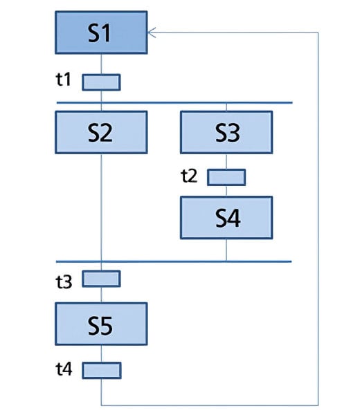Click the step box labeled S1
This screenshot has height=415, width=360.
pyautogui.click(x=101, y=33)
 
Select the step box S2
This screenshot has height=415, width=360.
pyautogui.click(x=101, y=132)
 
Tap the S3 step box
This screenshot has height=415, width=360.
pyautogui.click(x=226, y=132)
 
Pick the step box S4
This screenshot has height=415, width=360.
pyautogui.click(x=226, y=218)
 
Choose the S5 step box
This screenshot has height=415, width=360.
pyautogui.click(x=101, y=324)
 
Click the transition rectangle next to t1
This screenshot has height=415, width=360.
pyautogui.click(x=101, y=82)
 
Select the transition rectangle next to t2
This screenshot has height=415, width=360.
pyautogui.click(x=226, y=177)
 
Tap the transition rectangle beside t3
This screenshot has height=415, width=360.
pyautogui.click(x=101, y=279)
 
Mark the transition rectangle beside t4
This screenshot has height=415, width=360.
pyautogui.click(x=101, y=371)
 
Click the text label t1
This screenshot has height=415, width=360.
pyautogui.click(x=64, y=80)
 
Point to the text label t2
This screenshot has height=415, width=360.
pyautogui.click(x=189, y=175)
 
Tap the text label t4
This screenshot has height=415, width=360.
pyautogui.click(x=64, y=369)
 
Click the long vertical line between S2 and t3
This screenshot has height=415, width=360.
pyautogui.click(x=101, y=207)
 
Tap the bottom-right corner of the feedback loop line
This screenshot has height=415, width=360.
pyautogui.click(x=318, y=405)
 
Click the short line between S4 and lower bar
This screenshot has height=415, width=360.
pyautogui.click(x=226, y=250)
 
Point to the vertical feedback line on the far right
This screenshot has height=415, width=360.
pyautogui.click(x=318, y=207)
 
